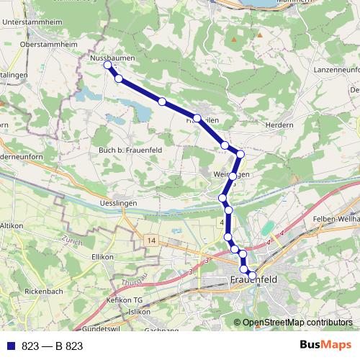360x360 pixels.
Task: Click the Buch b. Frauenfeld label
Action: (x=127, y=150)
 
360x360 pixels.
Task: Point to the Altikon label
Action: (x=12, y=225)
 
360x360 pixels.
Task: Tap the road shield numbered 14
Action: (x=150, y=240)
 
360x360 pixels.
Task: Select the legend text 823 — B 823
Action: (x=53, y=346)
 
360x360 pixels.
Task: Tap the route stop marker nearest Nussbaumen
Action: (x=108, y=66)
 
